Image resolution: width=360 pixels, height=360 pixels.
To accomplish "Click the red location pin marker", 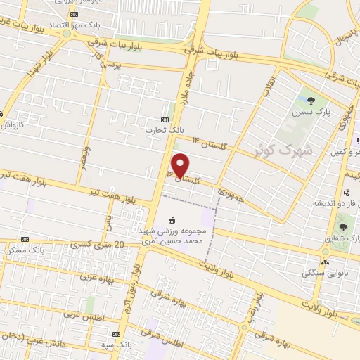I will (181, 165).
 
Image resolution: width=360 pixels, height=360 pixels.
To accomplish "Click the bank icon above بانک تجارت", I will (165, 120).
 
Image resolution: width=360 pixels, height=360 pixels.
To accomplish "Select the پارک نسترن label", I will (311, 111).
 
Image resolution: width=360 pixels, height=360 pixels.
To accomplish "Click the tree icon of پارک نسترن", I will (311, 98).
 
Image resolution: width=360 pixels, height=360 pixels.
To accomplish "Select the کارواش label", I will (13, 125).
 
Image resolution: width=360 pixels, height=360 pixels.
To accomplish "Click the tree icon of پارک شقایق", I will (343, 227).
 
